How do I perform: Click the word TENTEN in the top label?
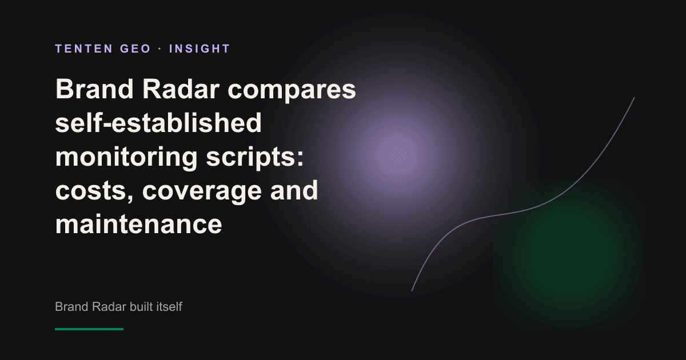(84, 49)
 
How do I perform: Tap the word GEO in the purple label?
(135, 49)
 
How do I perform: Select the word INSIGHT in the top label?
(200, 49)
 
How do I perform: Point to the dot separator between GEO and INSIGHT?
(160, 49)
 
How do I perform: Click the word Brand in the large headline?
(94, 89)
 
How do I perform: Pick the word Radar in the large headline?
(181, 89)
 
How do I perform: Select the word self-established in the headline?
(158, 122)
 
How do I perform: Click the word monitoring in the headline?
(126, 158)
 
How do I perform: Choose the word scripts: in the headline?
(255, 158)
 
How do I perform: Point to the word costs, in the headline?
(94, 191)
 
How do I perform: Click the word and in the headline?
(294, 190)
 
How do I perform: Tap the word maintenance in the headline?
(138, 224)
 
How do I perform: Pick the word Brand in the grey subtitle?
(71, 306)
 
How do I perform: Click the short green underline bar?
(89, 329)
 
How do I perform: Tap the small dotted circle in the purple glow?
(397, 156)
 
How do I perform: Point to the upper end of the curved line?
(634, 98)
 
